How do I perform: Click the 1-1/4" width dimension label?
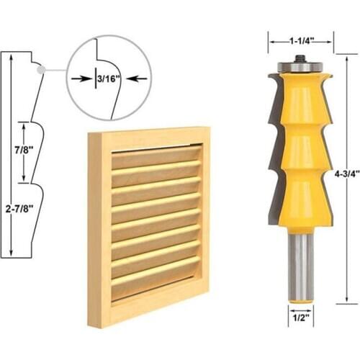[300, 42]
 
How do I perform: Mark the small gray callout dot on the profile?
[42, 70]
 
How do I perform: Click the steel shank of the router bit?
[300, 259]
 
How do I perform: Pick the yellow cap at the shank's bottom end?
[300, 297]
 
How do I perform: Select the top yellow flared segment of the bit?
[300, 101]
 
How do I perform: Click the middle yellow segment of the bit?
[300, 148]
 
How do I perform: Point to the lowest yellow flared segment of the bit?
[300, 198]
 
